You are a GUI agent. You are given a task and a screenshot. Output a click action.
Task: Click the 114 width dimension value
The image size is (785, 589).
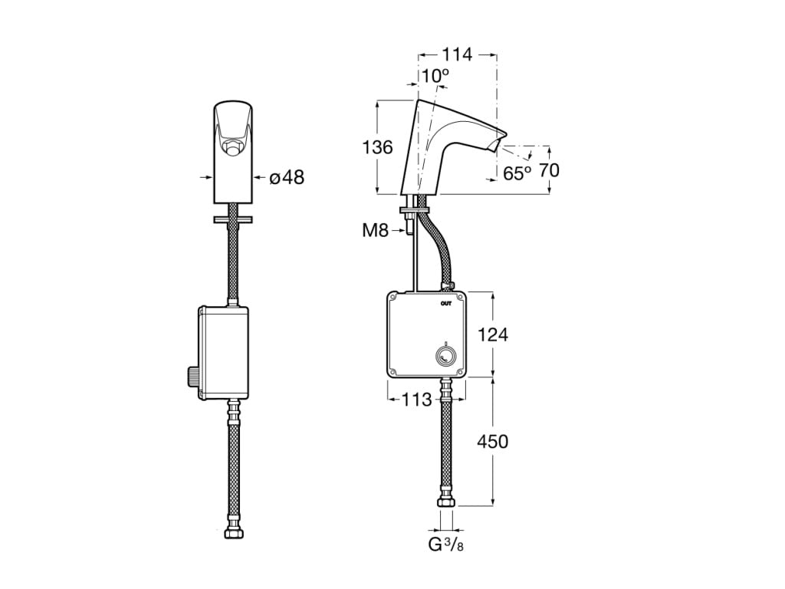[457, 55]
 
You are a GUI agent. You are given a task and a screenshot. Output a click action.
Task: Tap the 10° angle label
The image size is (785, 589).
[435, 75]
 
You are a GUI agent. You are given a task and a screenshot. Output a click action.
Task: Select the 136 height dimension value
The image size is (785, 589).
[377, 148]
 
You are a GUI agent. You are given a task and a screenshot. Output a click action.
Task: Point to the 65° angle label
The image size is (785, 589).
[517, 173]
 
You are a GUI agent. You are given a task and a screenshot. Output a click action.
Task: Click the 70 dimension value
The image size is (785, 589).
[549, 170]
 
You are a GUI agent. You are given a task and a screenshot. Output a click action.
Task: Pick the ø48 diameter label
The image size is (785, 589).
[287, 178]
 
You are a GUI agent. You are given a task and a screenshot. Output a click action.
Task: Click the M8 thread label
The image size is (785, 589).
[376, 229]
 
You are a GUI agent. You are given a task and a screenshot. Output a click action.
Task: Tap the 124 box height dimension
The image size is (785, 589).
[493, 334]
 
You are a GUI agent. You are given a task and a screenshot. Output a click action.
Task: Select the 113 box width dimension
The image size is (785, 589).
[417, 400]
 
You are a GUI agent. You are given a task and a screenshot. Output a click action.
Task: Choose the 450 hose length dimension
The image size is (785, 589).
[493, 442]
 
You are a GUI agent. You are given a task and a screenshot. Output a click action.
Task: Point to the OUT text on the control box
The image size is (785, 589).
[446, 304]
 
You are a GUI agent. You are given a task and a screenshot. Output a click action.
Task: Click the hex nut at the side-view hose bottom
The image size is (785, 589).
[445, 502]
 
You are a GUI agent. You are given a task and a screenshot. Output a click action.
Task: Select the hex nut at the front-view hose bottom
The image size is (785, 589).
[233, 531]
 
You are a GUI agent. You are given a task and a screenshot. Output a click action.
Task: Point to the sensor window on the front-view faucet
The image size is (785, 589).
[232, 143]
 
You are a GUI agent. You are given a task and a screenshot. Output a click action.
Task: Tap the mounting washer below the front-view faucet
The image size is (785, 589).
[233, 221]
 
